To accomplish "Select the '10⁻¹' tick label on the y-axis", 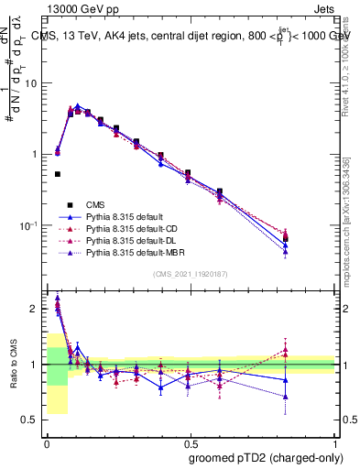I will (28, 224).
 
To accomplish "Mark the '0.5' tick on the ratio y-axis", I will (31, 420).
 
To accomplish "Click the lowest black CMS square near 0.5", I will (58, 174).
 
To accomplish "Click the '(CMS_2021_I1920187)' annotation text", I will (191, 274).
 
